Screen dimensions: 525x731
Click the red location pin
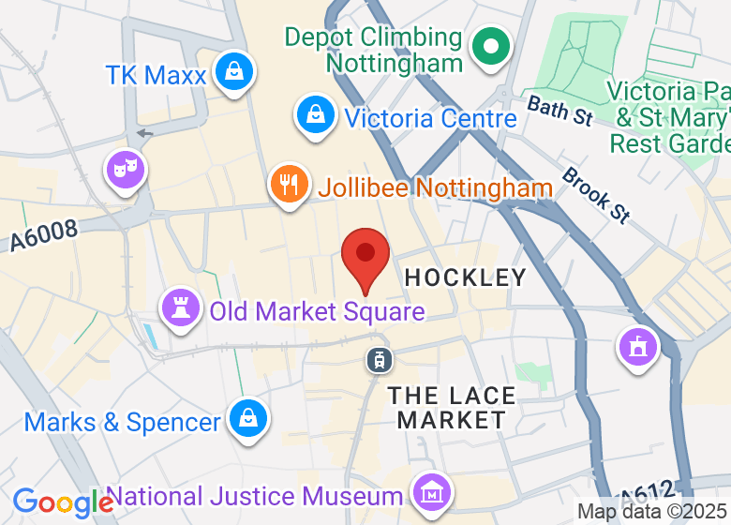(365, 256)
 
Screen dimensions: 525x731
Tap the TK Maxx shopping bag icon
(231, 71)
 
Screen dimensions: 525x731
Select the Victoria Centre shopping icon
(317, 115)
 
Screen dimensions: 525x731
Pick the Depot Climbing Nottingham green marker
(490, 46)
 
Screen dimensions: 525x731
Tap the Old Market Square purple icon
(180, 307)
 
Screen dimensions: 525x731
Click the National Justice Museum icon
(432, 491)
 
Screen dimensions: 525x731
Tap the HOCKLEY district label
(465, 277)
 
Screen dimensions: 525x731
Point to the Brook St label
(596, 195)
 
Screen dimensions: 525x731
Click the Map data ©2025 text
(652, 512)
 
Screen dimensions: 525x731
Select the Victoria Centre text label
(430, 119)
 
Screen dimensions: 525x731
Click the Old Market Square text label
(318, 310)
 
